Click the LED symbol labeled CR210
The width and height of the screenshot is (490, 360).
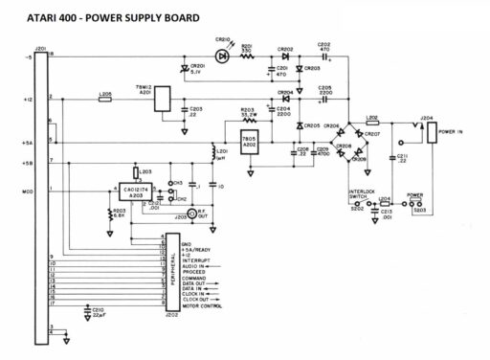click(x=223, y=56)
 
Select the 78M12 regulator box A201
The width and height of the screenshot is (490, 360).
click(x=163, y=99)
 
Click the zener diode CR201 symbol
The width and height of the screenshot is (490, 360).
click(x=185, y=69)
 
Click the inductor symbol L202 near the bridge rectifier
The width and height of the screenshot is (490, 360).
click(x=372, y=123)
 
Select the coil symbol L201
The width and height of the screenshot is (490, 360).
click(x=215, y=151)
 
